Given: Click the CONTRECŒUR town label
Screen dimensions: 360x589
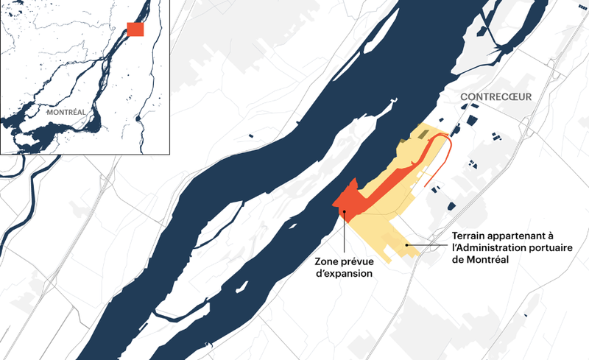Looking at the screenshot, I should (x=495, y=96).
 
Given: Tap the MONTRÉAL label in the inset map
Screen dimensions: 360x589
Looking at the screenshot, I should (x=66, y=113).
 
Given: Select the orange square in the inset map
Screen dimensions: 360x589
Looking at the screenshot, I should (x=135, y=29).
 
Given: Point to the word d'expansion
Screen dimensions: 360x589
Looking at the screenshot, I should (x=344, y=273).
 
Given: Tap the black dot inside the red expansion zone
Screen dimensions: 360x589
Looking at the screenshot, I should (x=344, y=212).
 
